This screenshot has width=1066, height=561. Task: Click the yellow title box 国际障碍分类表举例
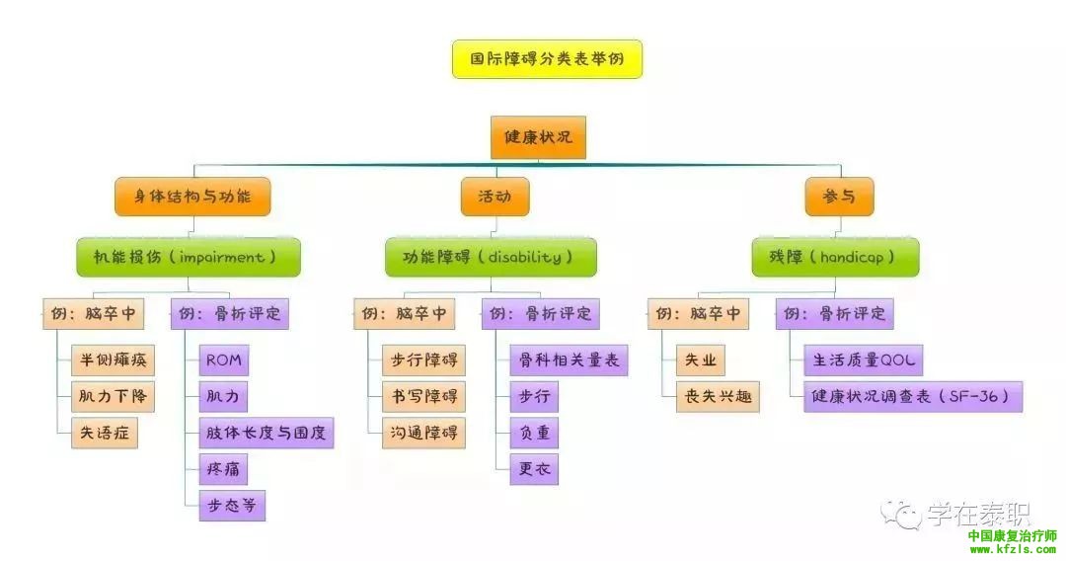547,59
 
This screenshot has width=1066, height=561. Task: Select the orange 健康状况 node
538,137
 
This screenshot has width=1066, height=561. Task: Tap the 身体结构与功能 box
191,197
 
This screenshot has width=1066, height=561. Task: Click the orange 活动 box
495,197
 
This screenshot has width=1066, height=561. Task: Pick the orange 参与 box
839,197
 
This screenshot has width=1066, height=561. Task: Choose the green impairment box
189,257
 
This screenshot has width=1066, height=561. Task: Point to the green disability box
491,257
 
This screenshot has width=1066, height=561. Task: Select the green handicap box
835,257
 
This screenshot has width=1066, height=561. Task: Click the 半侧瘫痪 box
114,361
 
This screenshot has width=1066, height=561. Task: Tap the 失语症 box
105,432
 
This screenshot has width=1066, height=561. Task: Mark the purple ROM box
223,361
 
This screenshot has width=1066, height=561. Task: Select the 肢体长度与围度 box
266,432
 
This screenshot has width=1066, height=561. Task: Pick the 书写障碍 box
424,396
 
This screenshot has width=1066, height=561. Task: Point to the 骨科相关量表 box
569,361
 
